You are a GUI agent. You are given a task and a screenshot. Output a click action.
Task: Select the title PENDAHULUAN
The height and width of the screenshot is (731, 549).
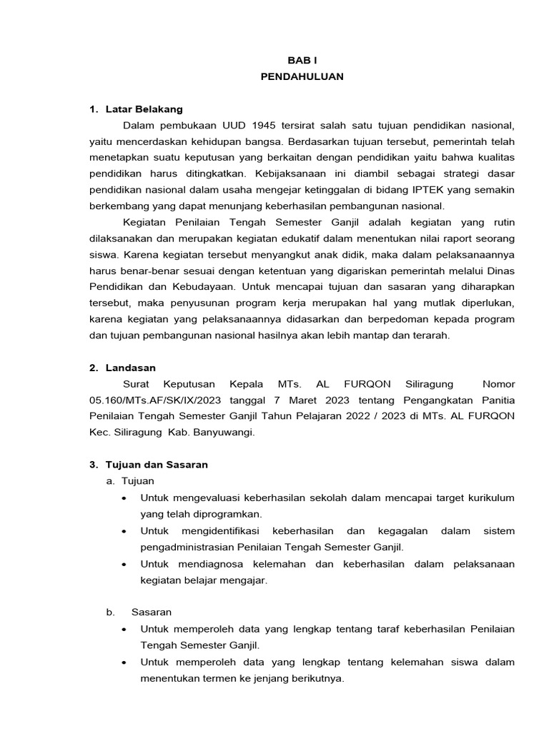(302, 77)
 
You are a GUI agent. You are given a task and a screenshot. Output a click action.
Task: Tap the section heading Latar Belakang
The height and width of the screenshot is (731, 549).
(144, 109)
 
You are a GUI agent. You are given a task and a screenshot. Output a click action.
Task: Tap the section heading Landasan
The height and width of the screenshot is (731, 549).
(131, 368)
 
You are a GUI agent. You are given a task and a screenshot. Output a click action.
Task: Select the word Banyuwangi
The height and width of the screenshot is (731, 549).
(224, 432)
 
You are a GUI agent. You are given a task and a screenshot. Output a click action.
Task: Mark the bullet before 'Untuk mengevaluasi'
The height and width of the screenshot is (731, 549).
(125, 498)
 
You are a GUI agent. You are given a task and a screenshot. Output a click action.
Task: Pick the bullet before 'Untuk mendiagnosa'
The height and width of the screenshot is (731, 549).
(125, 564)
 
